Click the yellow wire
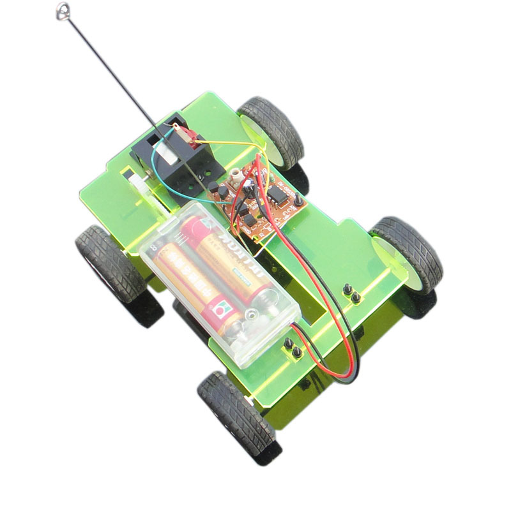tap(224, 142)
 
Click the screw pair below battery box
tap(293, 348)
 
